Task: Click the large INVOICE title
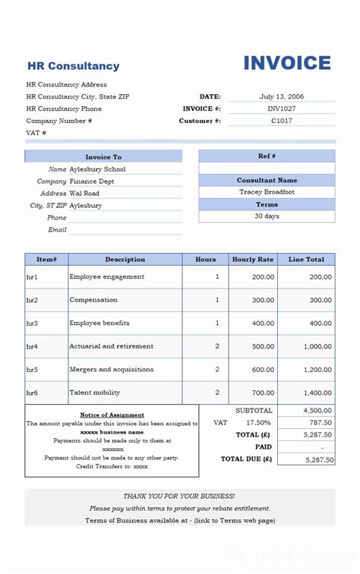tap(287, 63)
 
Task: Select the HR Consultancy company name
tap(73, 66)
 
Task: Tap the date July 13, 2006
tap(281, 96)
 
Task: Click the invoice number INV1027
tap(282, 109)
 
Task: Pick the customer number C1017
tap(282, 121)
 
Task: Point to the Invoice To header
tap(103, 156)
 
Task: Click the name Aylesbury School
tap(97, 169)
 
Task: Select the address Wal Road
tap(84, 194)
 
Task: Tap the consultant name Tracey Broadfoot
tap(267, 192)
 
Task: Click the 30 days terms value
tap(267, 216)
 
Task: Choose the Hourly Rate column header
tap(253, 260)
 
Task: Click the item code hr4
tap(32, 346)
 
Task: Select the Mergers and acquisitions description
tap(112, 370)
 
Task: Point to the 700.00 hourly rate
tap(264, 393)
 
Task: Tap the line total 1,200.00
tap(317, 370)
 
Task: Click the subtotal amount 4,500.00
tap(317, 410)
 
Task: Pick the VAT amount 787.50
tap(320, 423)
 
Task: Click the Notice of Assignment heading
tap(112, 415)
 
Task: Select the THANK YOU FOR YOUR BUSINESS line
tap(179, 496)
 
